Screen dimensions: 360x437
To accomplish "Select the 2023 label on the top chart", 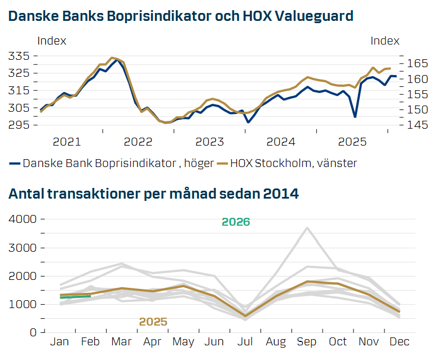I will (210, 141).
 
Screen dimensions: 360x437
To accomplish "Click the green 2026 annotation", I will (236, 222).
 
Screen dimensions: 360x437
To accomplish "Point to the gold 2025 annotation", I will (153, 322).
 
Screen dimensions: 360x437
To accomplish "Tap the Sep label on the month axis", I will (306, 341).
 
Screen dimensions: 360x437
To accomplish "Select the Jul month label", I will (244, 341).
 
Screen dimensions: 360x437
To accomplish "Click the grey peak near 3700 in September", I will (306, 228).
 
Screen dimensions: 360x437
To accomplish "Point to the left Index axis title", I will (51, 41).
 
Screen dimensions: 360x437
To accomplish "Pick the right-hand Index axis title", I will (385, 41).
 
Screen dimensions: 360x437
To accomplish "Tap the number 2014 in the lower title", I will (281, 194).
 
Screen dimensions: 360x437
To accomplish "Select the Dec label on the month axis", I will (399, 341).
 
